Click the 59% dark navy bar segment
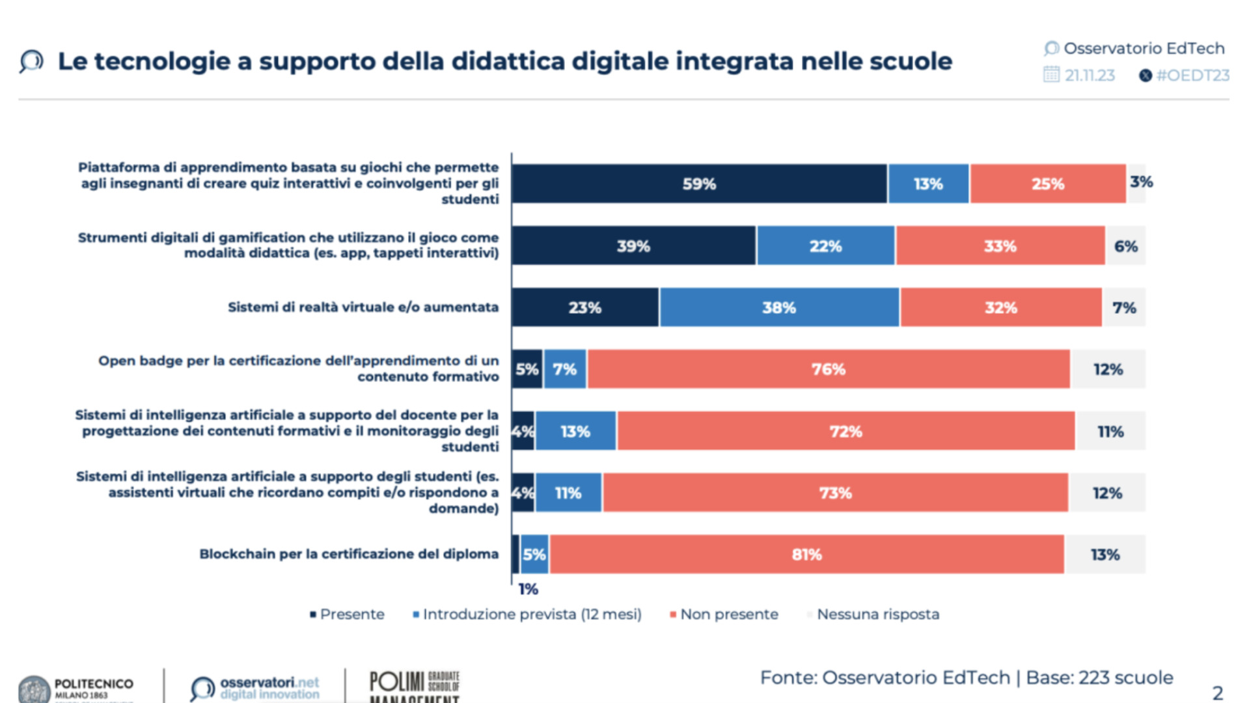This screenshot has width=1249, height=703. point(699,184)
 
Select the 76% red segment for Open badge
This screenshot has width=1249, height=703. point(828,369)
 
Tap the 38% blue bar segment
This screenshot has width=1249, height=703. point(779,307)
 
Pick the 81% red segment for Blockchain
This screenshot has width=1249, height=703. point(806,555)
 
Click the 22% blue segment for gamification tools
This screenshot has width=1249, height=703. point(825,246)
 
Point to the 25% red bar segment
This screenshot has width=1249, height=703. point(1047,184)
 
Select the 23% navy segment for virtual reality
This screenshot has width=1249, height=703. point(584,307)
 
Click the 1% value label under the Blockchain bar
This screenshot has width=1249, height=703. point(528,589)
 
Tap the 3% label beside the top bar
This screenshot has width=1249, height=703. point(1141,182)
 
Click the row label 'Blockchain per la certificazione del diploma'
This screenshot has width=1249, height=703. point(349,554)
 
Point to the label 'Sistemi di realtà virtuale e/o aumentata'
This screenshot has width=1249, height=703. point(363,307)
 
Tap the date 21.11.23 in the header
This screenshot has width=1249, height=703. point(1089,76)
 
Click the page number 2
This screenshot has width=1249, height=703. point(1217,693)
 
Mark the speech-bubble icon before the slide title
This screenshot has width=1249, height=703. point(31,61)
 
